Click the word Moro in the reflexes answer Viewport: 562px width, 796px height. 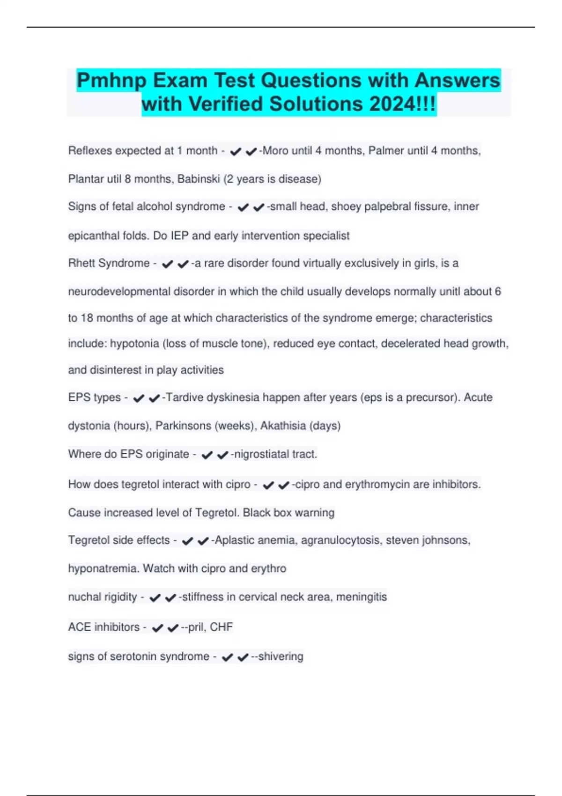[x=276, y=151]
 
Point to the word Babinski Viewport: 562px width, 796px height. [x=198, y=179]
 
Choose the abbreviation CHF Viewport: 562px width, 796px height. [x=221, y=627]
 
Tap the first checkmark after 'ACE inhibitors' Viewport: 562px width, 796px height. [x=157, y=628]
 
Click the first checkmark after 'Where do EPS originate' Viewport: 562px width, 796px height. [x=207, y=455]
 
